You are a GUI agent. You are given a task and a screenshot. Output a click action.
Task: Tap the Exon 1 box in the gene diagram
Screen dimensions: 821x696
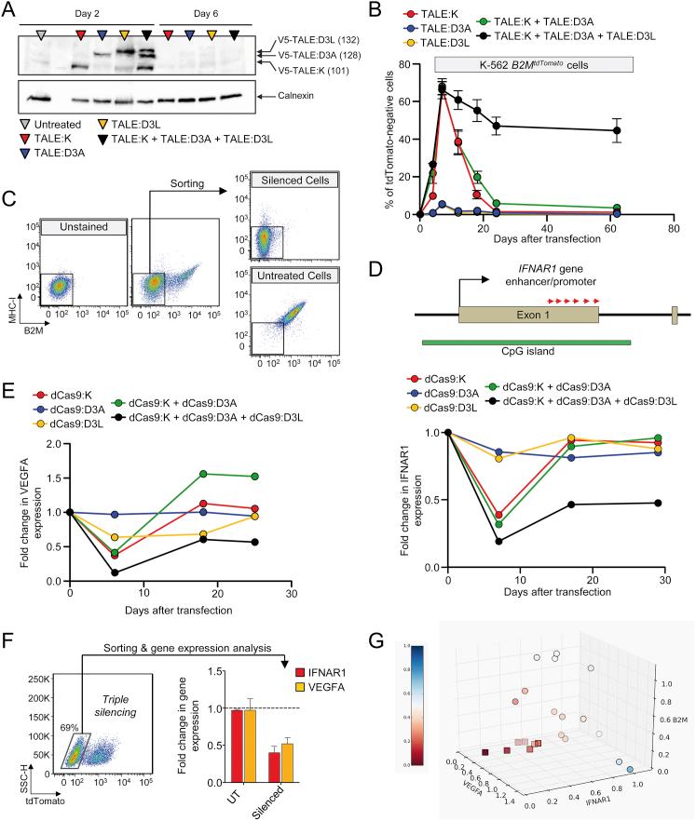(527, 316)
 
